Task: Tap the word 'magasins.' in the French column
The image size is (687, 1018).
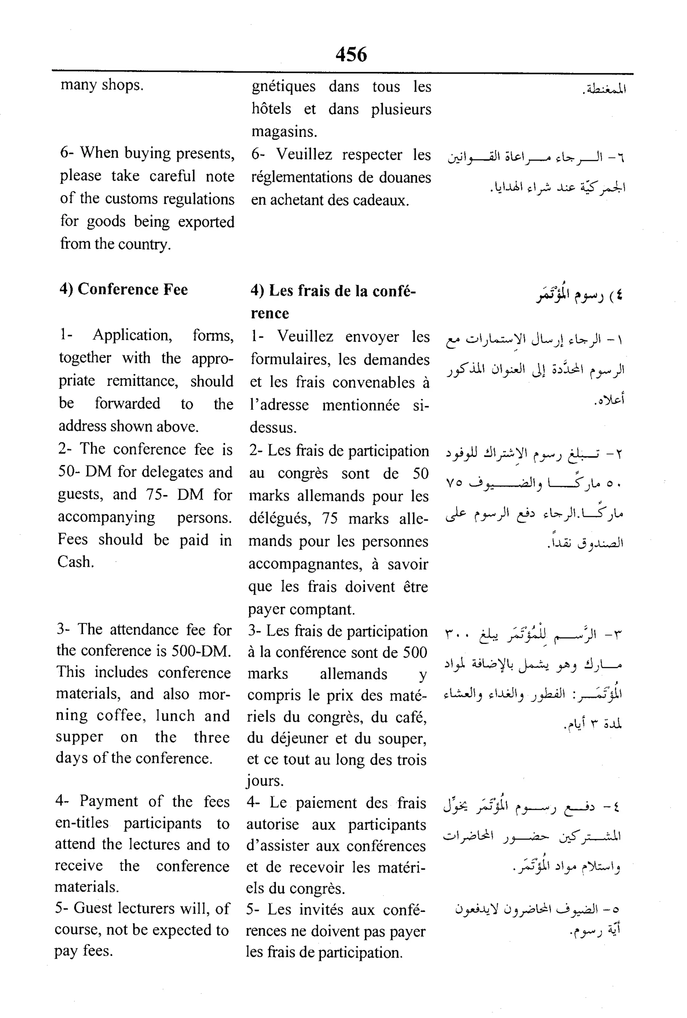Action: click(284, 132)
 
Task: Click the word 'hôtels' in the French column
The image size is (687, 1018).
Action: click(271, 109)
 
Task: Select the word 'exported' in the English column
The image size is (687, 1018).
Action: click(206, 222)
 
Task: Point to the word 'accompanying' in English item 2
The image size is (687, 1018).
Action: click(106, 517)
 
